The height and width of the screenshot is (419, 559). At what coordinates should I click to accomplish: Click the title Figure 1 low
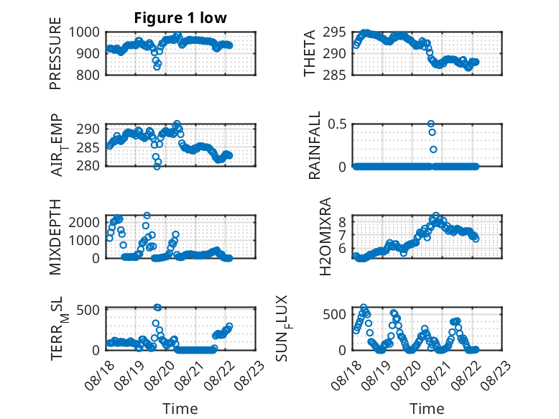coord(180,18)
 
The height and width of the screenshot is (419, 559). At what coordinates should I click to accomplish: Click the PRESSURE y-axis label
coord(55,53)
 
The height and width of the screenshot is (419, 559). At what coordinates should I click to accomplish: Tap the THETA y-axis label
coord(310,53)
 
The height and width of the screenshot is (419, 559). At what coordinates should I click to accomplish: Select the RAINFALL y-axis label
coord(315,144)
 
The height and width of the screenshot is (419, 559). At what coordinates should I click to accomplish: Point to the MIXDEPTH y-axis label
coord(55,236)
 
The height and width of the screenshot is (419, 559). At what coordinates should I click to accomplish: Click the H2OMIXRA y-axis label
coord(325,236)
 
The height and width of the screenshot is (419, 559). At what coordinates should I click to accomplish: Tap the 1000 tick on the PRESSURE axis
coord(84,32)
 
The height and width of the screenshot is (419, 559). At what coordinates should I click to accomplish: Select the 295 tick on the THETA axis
coord(334,32)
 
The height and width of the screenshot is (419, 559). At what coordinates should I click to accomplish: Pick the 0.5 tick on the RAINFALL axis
coord(337,124)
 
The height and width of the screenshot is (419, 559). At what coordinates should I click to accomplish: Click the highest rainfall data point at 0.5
coord(430,124)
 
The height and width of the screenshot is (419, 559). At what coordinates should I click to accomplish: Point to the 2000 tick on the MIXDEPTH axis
coord(84,223)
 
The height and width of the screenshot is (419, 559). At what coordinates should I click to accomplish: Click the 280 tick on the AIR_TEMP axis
coord(88,166)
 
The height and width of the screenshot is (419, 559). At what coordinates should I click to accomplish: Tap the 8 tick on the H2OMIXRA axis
coord(342,221)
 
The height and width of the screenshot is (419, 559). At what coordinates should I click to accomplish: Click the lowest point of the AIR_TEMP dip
coord(157,166)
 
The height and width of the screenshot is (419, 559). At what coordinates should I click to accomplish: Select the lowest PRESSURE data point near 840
coord(157,67)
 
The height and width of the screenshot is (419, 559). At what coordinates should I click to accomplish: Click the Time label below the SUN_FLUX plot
coord(427,409)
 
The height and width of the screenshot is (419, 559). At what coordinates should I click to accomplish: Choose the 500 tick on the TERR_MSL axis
coord(88,310)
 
